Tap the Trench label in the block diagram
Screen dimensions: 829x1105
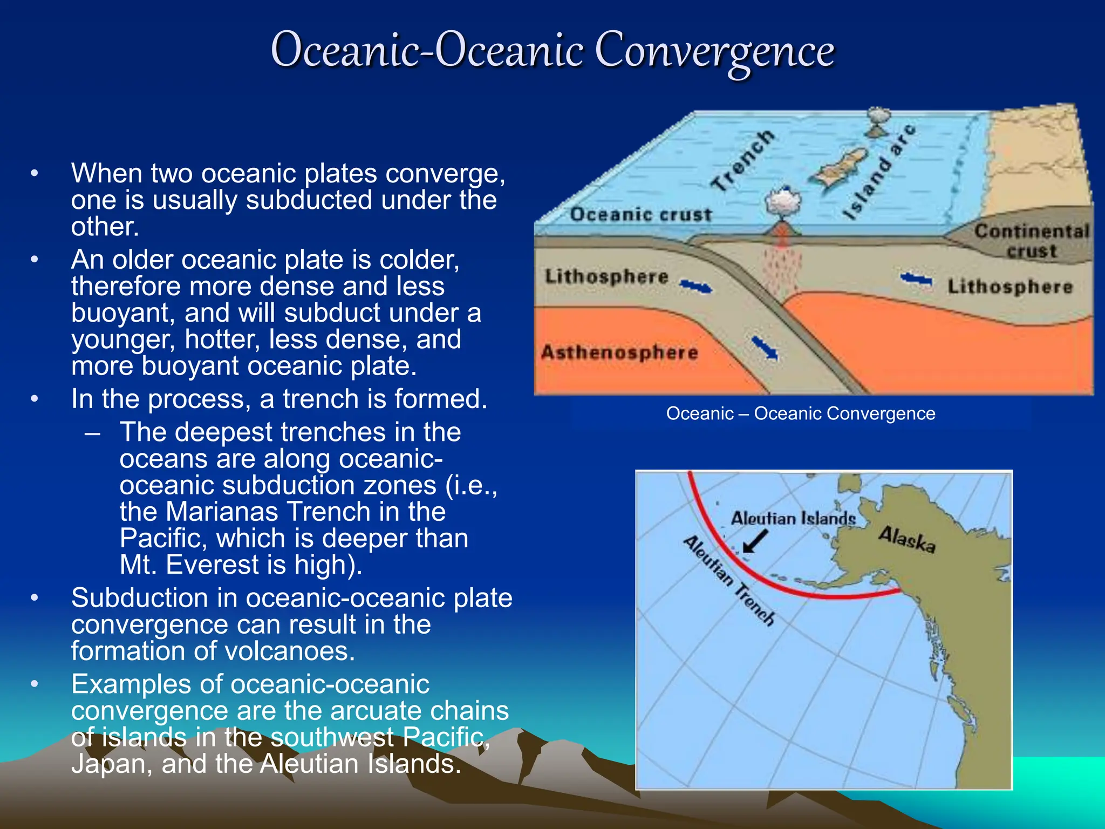(x=743, y=161)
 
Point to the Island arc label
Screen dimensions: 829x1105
(x=880, y=172)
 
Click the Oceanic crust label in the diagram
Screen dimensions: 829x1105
(x=641, y=215)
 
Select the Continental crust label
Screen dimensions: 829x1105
(x=1031, y=241)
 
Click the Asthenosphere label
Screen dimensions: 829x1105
(x=619, y=352)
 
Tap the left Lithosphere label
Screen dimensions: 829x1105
(x=606, y=276)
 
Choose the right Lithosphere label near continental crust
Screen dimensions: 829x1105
(x=1010, y=287)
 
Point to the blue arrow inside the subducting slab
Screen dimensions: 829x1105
(x=765, y=348)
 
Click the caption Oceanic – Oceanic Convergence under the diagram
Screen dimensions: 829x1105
(x=800, y=413)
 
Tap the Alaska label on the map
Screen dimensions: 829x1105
(x=906, y=539)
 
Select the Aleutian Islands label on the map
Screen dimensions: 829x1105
(x=793, y=519)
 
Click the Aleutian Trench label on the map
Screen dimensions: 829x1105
(x=728, y=581)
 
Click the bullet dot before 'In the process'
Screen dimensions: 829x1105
(x=35, y=399)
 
